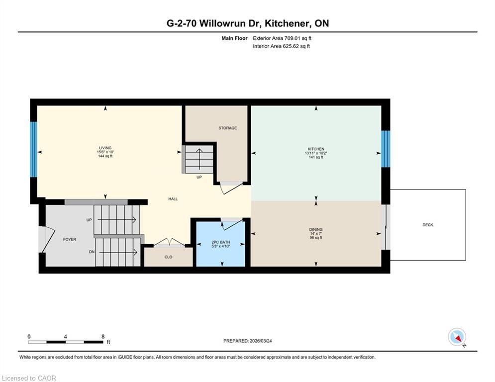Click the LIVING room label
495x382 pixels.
pyautogui.click(x=105, y=148)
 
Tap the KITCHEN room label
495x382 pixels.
pyautogui.click(x=316, y=149)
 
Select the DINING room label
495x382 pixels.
pyautogui.click(x=316, y=230)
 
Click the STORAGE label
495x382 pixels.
pyautogui.click(x=227, y=128)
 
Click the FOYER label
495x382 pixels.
pyautogui.click(x=70, y=240)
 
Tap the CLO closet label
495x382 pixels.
pyautogui.click(x=168, y=257)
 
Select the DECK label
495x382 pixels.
pyautogui.click(x=428, y=225)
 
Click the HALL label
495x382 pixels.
pyautogui.click(x=173, y=199)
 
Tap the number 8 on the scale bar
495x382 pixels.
pyautogui.click(x=102, y=337)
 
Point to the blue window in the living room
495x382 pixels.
pyautogui.click(x=33, y=149)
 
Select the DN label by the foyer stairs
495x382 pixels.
pyautogui.click(x=92, y=252)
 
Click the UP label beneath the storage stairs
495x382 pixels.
pyautogui.click(x=199, y=177)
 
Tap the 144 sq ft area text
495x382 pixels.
pyautogui.click(x=105, y=156)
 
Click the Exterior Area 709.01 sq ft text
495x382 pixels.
pyautogui.click(x=282, y=38)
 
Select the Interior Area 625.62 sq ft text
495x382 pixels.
pyautogui.click(x=282, y=46)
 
